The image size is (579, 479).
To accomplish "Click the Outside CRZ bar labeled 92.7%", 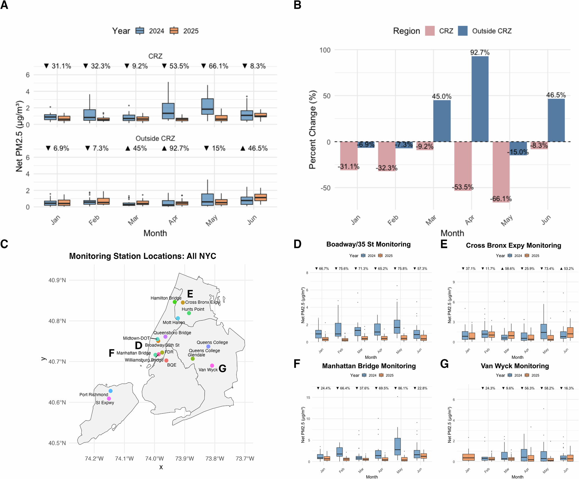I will tap(480, 99).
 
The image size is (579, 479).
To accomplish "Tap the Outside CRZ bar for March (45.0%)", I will tap(442, 121).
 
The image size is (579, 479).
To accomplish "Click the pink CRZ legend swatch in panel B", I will tap(430, 31).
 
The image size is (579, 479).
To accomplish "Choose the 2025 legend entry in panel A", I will tap(174, 31).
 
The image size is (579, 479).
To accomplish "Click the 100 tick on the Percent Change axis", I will tap(325, 50).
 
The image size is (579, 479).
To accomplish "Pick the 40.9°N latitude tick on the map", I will tap(57, 280).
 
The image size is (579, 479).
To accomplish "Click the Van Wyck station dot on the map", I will tap(212, 365).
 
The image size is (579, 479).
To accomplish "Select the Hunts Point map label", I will tap(193, 309).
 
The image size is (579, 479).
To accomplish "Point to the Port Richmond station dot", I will tap(111, 391).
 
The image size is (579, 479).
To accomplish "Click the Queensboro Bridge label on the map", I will tap(172, 333).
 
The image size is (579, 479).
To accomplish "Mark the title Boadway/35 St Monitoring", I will tap(368, 244).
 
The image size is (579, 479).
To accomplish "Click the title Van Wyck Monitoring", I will tap(515, 366).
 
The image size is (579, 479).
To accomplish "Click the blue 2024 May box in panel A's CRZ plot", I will tap(207, 106).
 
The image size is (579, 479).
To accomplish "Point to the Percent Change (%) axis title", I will tap(312, 130).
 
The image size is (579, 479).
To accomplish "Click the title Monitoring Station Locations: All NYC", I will tap(142, 256).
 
